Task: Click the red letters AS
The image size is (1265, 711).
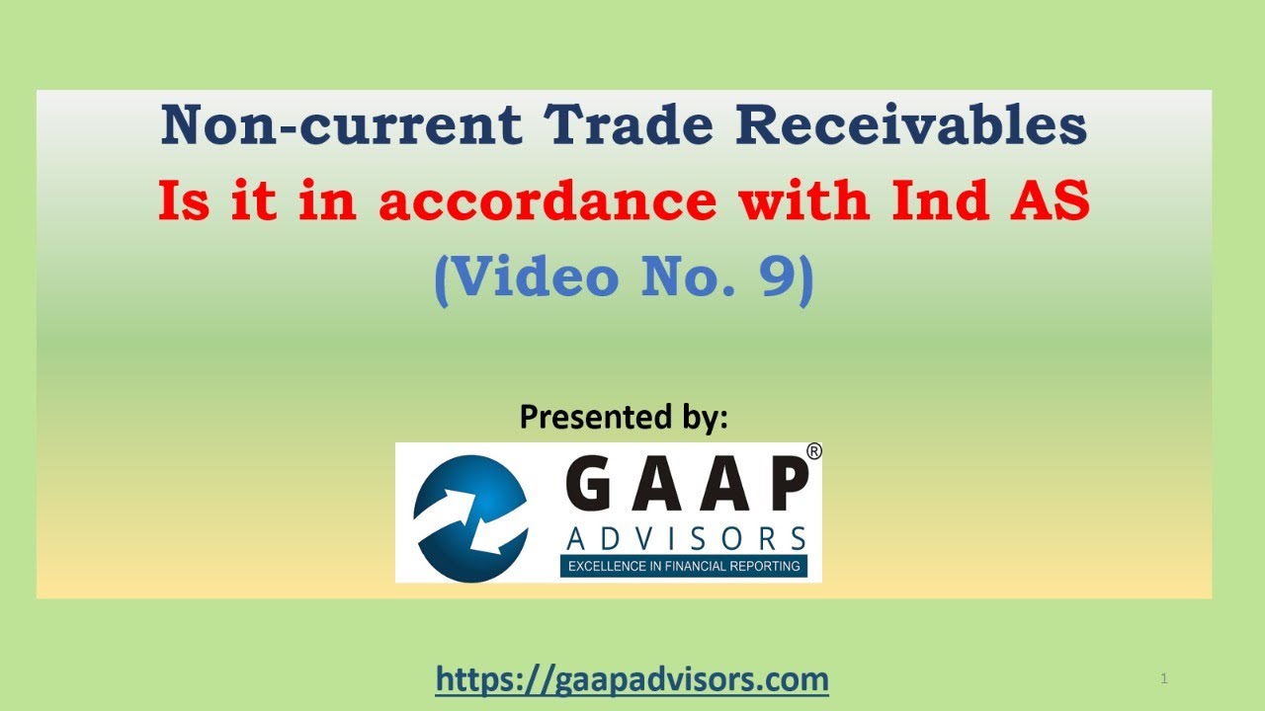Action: pos(1053,202)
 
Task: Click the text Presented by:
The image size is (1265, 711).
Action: pos(624,418)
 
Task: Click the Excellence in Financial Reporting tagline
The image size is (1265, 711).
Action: pos(683,566)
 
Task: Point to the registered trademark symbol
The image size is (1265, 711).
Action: pos(813,451)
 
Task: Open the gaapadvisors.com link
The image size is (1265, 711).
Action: pos(632,679)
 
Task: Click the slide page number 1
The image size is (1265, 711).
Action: pos(1165,678)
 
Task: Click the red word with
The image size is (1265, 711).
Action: pos(801,202)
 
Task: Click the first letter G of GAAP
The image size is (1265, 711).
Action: pos(590,488)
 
